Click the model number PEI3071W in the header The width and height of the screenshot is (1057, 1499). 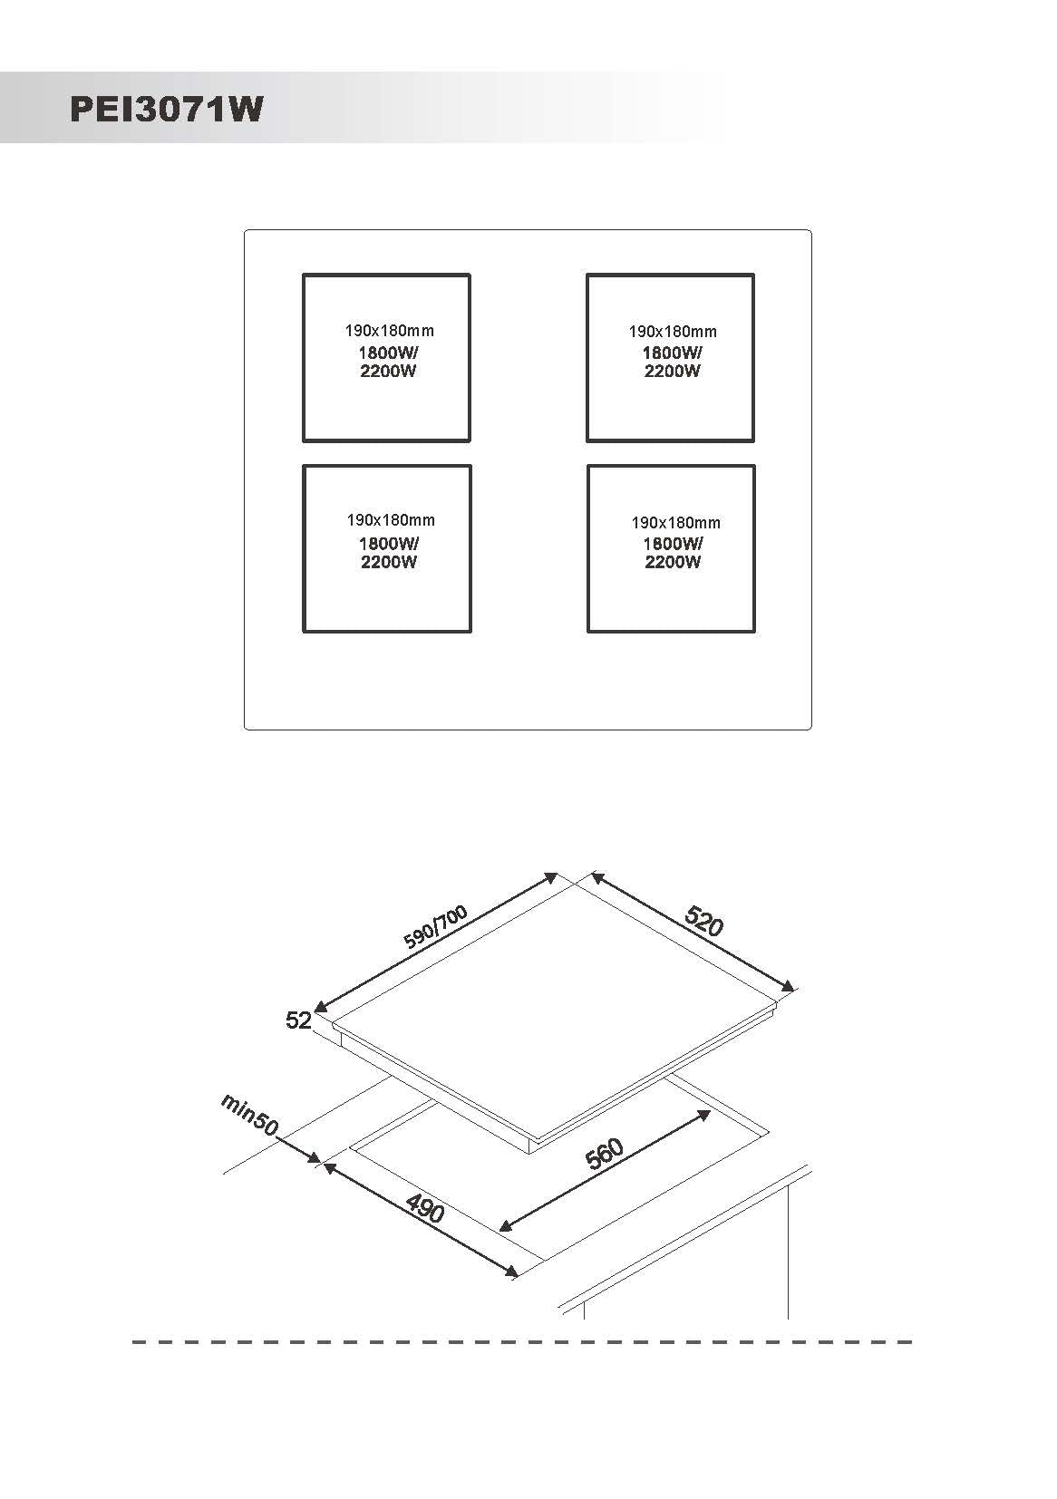pos(167,109)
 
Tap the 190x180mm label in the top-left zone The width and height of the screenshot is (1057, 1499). pos(390,331)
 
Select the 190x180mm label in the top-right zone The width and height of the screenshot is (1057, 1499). pos(673,332)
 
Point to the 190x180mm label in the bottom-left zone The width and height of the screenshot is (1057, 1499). pos(391,520)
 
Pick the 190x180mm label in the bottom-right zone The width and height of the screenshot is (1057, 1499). pos(676,523)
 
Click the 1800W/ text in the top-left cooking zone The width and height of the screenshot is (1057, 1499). pos(388,353)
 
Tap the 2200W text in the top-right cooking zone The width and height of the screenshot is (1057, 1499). pos(672,371)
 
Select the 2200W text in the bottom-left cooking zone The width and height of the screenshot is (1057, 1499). pos(389,562)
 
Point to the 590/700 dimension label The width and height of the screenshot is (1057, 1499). pos(435,926)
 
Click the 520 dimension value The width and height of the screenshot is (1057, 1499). pos(703,922)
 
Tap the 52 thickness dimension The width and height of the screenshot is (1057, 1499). pos(298,1020)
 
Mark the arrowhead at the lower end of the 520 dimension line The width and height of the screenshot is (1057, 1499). pos(789,986)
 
